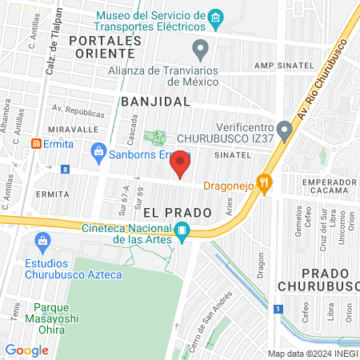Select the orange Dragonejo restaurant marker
[262, 182]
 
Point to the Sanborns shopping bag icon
[98, 150]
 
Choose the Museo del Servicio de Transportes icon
[214, 18]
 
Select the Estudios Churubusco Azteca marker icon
[43, 240]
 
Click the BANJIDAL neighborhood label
[155, 102]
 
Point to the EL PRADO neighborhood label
[177, 213]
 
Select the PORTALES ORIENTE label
[101, 46]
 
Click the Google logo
[27, 350]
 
